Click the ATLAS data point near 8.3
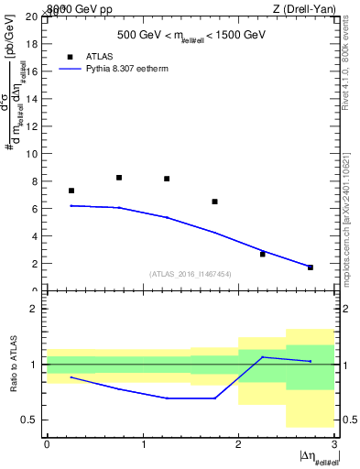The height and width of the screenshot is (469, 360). (119, 178)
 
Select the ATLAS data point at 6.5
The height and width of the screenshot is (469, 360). (214, 202)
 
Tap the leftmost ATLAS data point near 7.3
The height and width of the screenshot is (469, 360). (71, 191)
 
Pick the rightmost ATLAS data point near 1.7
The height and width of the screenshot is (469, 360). (311, 267)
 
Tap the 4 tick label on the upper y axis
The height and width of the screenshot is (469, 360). (36, 236)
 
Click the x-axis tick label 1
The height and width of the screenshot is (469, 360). (143, 443)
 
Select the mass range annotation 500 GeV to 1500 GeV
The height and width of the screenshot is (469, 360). (191, 36)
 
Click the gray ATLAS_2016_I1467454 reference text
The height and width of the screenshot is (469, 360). (191, 273)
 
